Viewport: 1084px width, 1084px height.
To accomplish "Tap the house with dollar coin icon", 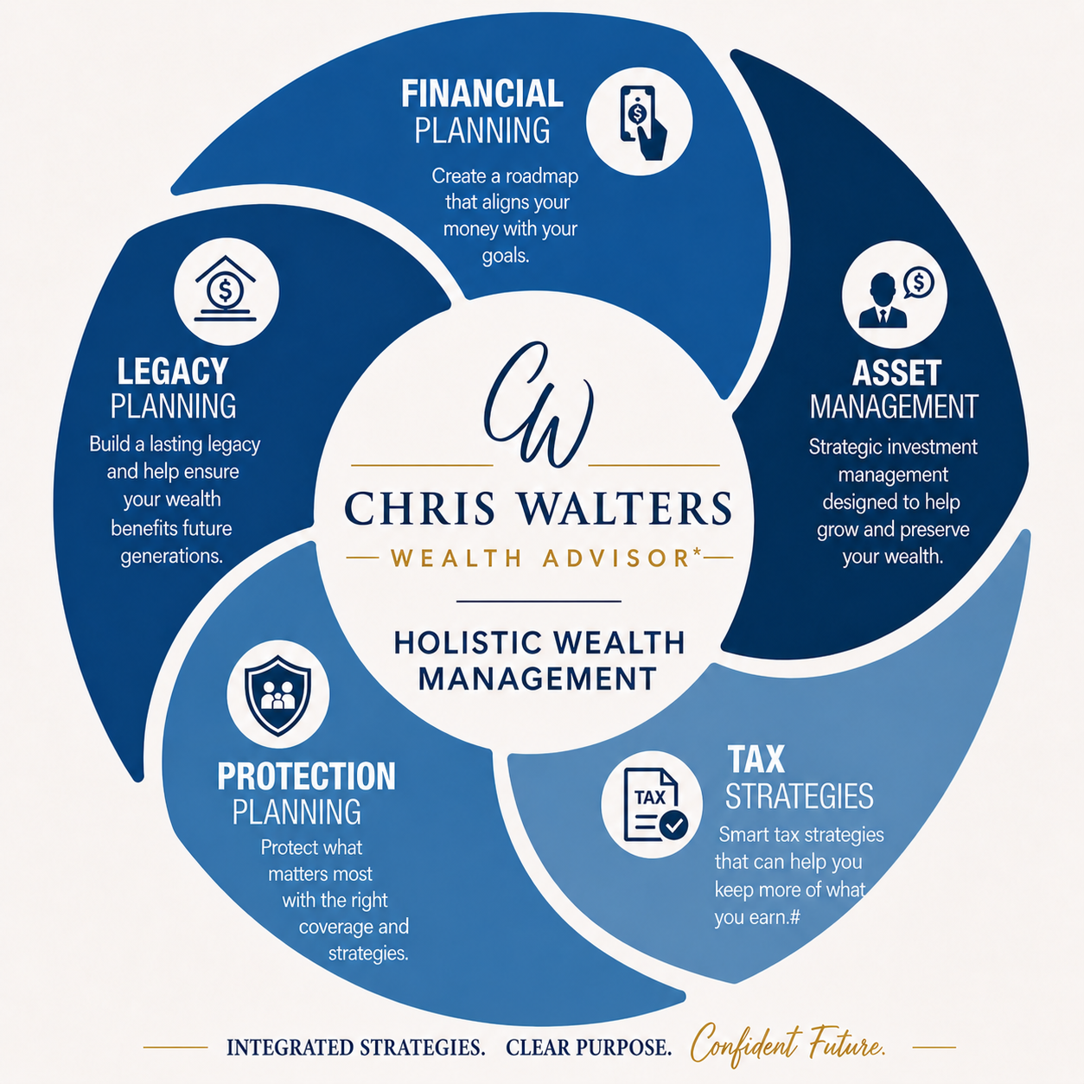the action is (x=226, y=289).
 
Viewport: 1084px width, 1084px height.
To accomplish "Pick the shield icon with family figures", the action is (x=277, y=695).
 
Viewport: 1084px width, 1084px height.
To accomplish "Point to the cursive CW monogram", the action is (x=539, y=405).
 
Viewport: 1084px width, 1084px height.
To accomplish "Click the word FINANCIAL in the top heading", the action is (x=482, y=93).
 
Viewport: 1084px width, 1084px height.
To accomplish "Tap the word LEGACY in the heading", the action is (x=173, y=371).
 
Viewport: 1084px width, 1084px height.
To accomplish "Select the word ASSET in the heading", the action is (x=896, y=373).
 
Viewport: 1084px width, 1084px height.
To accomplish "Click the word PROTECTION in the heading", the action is (x=307, y=776).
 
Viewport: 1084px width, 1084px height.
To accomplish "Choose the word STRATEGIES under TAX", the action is (x=800, y=796).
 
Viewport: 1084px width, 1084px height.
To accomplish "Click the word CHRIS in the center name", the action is (x=419, y=508).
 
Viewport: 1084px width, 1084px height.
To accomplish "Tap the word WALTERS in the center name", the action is (x=625, y=508).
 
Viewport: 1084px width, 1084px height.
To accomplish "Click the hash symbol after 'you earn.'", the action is (x=794, y=917).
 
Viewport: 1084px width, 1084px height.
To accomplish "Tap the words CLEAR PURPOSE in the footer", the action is (x=589, y=1047).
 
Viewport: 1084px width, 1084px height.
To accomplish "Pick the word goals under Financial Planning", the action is (x=506, y=257).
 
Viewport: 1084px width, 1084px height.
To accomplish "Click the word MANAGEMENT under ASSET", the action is (x=895, y=406).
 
